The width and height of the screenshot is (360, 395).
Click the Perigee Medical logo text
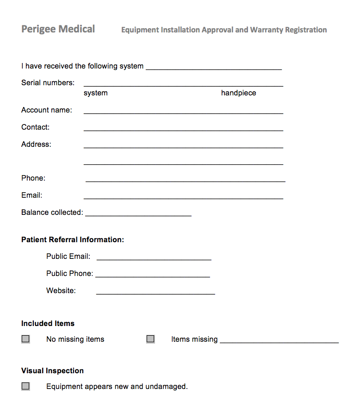click(x=58, y=29)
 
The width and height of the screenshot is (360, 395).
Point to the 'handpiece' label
click(x=238, y=93)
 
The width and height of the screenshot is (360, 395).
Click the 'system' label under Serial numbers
click(x=96, y=93)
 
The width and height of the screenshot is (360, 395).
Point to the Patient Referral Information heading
click(x=73, y=240)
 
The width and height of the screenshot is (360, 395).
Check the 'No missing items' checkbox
click(x=25, y=339)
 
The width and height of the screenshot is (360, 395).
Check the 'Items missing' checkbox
click(x=150, y=339)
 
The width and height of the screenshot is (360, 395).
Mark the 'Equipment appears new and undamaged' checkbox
click(x=25, y=386)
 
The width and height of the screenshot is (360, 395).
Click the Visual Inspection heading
click(x=52, y=371)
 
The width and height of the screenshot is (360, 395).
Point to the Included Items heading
click(x=48, y=324)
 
